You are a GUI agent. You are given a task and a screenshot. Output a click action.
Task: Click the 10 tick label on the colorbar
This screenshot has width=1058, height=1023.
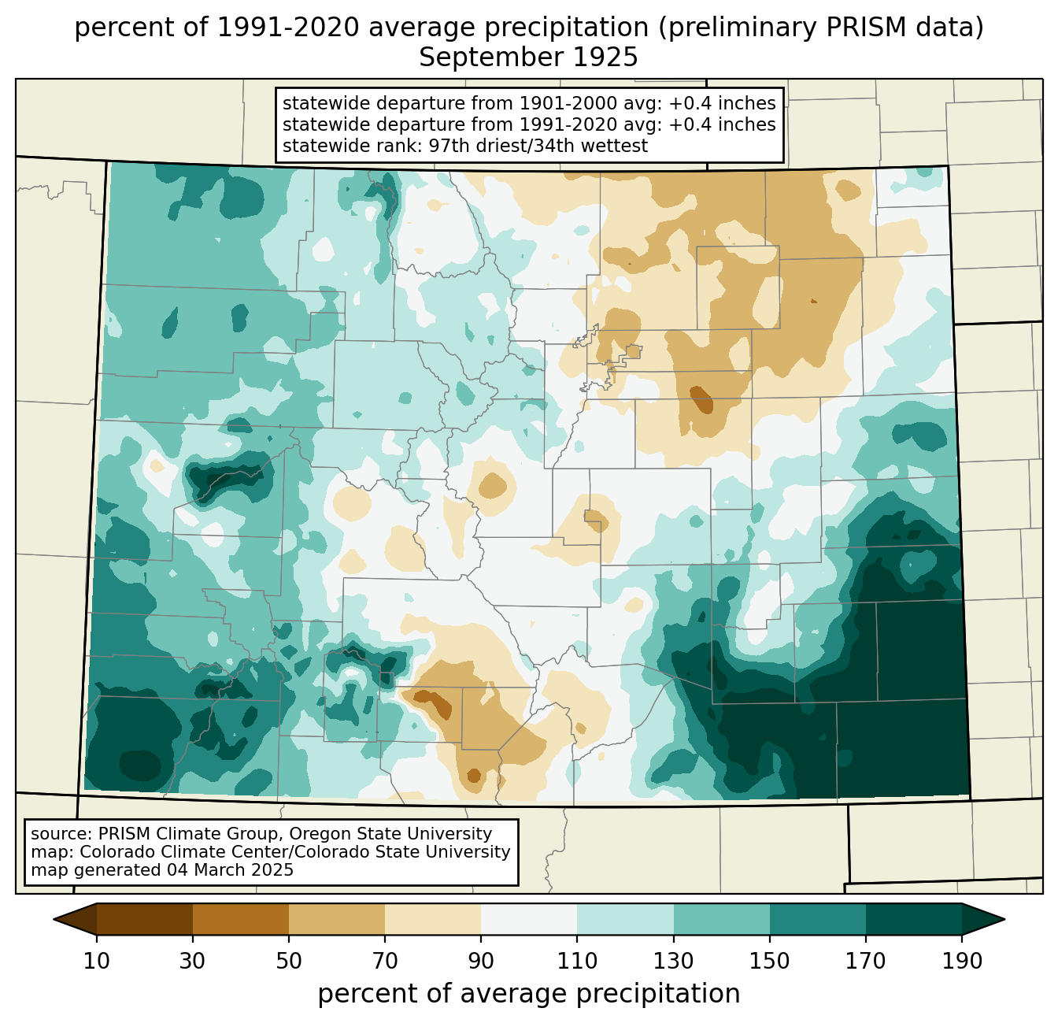97,962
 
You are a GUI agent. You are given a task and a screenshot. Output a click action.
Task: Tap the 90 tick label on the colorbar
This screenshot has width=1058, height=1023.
481,962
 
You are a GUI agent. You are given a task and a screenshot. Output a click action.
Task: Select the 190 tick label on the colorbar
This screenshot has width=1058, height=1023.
961,962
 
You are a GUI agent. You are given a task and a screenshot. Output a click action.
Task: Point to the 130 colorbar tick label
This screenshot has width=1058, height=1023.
674,962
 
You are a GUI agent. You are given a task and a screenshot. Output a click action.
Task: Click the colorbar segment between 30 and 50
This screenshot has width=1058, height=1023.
241,919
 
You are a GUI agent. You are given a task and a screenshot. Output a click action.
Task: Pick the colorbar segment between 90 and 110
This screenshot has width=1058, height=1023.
529,919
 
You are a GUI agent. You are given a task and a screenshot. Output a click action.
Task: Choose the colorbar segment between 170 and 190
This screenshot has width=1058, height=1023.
913,919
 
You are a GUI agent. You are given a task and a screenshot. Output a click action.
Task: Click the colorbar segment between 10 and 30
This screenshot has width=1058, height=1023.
145,919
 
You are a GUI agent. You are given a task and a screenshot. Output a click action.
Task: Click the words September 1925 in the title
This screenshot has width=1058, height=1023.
528,57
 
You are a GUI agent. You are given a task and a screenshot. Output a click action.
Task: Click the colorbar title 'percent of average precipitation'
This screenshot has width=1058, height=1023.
529,994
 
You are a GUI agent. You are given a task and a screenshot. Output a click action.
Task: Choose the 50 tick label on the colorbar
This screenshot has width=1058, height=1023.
289,962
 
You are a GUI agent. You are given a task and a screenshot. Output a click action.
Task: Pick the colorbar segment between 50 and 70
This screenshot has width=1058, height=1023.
337,919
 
